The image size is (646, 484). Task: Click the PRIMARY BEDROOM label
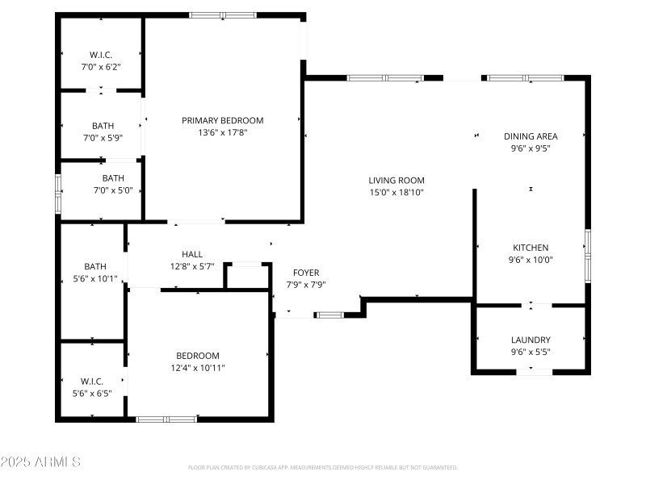(x=222, y=120)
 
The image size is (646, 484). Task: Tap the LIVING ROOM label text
(x=396, y=180)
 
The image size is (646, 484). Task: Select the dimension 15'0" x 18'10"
(x=396, y=192)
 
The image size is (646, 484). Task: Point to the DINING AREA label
(x=531, y=136)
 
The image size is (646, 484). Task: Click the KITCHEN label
(x=531, y=248)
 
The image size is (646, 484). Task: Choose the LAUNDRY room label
(x=531, y=340)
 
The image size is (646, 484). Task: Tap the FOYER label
(x=306, y=273)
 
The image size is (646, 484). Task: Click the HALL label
(x=192, y=254)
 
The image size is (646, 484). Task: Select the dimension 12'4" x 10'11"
(x=198, y=368)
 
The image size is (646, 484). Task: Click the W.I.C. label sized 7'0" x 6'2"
(x=101, y=55)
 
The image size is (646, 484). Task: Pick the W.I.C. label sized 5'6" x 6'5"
(x=90, y=382)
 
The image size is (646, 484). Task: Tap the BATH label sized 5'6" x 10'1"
(x=95, y=266)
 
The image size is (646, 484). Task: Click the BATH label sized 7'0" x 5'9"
(x=103, y=126)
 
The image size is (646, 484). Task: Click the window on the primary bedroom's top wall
(x=223, y=15)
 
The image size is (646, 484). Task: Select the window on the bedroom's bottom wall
(x=166, y=419)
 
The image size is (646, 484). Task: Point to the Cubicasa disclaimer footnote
(x=323, y=468)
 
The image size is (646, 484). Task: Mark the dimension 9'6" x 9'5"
(x=531, y=148)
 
